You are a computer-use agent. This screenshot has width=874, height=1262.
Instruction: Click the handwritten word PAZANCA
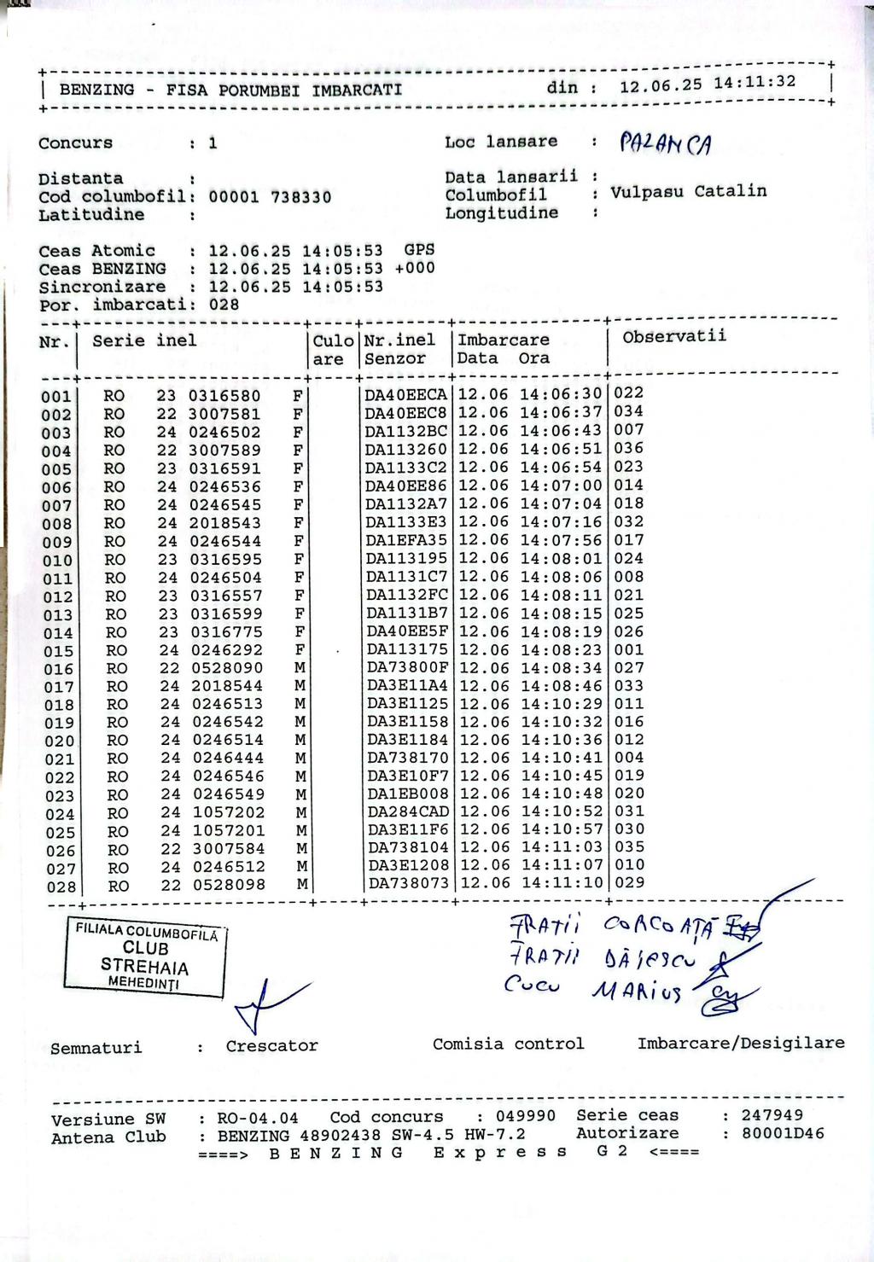click(665, 144)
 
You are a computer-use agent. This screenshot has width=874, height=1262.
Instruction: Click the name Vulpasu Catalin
click(688, 192)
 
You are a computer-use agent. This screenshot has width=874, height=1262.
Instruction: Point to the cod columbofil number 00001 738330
click(270, 197)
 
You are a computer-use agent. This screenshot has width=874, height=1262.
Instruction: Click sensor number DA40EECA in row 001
click(406, 395)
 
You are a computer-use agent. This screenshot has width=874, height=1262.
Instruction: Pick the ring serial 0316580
click(224, 397)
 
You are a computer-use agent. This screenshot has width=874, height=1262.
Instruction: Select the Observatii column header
click(674, 336)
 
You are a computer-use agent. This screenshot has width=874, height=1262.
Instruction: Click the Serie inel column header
click(144, 341)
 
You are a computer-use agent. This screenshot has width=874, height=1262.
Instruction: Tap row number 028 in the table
click(61, 887)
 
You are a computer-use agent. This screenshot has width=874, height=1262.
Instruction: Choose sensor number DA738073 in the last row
click(408, 883)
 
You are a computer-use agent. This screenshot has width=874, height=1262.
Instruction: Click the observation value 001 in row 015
click(629, 649)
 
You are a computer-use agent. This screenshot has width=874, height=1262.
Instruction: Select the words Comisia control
click(508, 1044)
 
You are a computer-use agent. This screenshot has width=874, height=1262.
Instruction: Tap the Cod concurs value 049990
click(526, 1116)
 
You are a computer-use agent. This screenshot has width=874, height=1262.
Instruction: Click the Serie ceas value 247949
click(772, 1114)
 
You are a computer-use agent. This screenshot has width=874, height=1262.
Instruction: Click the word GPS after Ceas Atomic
click(419, 250)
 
